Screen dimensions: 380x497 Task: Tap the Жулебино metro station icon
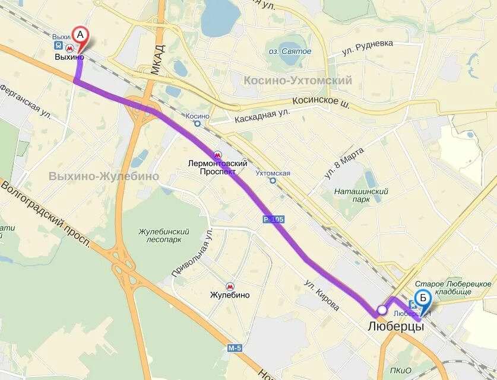tap(229, 285)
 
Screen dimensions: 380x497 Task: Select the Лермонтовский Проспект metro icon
tap(217, 155)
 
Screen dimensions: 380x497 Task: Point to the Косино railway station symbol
tap(197, 124)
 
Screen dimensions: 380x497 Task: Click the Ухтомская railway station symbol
tap(273, 181)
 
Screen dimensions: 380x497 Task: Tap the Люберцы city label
tap(395, 327)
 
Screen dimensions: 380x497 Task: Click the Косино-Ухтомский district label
tap(297, 81)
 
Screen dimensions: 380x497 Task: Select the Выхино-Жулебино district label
tap(104, 176)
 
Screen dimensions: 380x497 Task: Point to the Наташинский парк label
tap(361, 195)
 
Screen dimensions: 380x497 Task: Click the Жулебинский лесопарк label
tap(164, 236)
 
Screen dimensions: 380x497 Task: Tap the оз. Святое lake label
tap(290, 52)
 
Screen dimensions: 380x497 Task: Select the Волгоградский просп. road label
tap(45, 214)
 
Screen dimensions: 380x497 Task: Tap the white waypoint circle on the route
tap(382, 309)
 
